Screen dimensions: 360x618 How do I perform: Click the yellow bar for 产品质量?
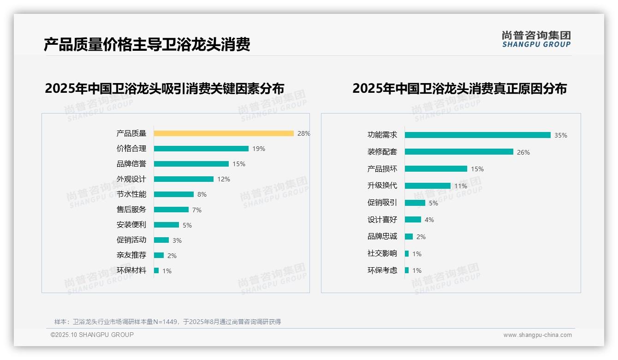click(x=224, y=133)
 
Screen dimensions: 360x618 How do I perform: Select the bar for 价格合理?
click(x=201, y=149)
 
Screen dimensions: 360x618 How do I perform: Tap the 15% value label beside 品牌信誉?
click(x=239, y=164)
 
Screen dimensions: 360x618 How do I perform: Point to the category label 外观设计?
click(x=131, y=179)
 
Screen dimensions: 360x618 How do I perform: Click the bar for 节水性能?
click(x=174, y=194)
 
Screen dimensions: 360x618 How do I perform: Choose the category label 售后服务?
click(x=131, y=210)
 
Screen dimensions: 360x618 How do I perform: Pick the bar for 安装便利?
click(x=166, y=225)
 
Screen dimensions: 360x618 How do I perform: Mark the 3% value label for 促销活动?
click(x=177, y=240)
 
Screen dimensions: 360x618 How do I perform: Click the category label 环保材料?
click(x=131, y=270)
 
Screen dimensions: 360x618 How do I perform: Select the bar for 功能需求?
click(x=478, y=135)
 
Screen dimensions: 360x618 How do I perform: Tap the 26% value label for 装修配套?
click(x=523, y=152)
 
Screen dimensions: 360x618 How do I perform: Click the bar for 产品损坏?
click(x=436, y=169)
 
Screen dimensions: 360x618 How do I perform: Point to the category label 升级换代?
click(x=382, y=186)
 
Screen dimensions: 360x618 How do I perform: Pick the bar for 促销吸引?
click(x=415, y=203)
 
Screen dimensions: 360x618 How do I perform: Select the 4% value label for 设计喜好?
click(x=429, y=220)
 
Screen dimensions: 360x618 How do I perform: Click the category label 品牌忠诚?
click(x=382, y=236)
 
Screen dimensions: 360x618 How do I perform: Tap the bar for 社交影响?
click(x=407, y=253)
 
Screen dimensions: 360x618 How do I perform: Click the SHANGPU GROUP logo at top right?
click(x=536, y=39)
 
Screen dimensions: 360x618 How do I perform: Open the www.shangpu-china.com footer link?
click(x=537, y=335)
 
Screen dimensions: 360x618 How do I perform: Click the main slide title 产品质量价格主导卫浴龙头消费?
click(x=147, y=45)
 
